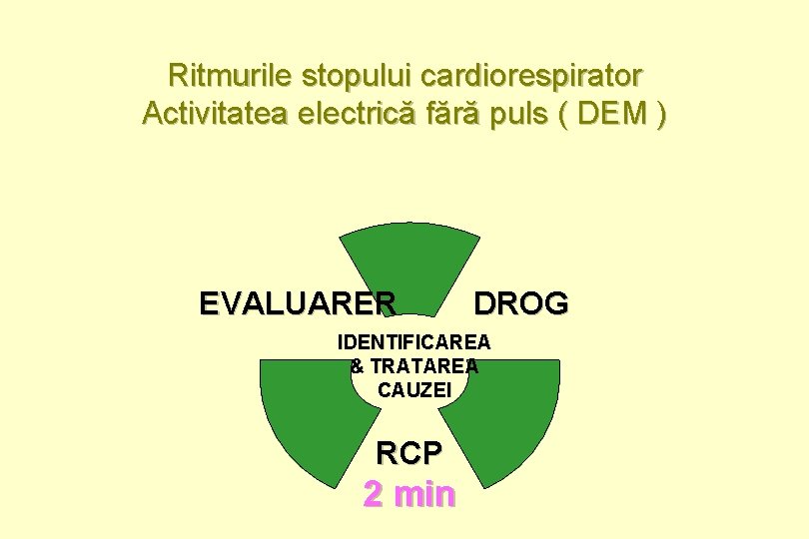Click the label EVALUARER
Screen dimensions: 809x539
298,302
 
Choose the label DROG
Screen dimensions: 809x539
520,302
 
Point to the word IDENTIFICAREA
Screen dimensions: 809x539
413,342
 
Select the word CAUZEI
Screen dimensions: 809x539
413,390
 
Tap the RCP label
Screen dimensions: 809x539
408,453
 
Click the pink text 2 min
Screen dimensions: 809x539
408,493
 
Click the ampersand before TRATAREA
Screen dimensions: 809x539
358,366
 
